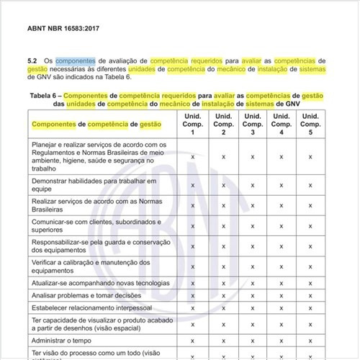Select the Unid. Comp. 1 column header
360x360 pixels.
[193, 125]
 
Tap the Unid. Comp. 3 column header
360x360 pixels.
[252, 125]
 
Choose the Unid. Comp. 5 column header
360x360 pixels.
[310, 125]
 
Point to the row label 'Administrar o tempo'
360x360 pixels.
[63, 340]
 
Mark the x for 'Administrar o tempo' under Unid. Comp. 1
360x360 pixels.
[193, 340]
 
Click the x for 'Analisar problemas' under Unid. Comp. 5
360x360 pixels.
[310, 294]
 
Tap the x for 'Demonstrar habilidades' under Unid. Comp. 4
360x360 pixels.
[281, 184]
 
